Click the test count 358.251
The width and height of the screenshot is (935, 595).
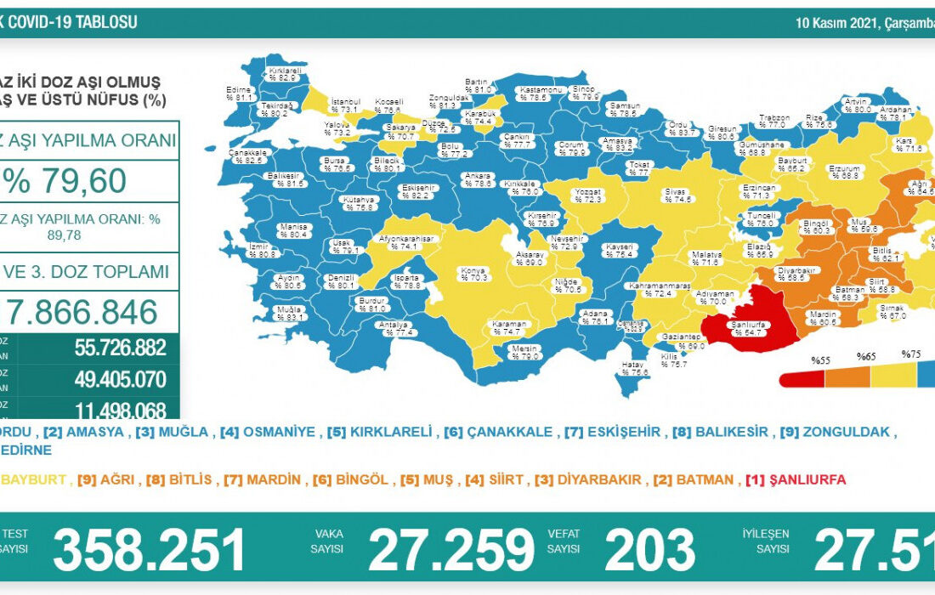(x=149, y=548)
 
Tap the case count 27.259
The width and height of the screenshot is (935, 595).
(x=451, y=548)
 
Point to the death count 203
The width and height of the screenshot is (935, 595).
(x=649, y=548)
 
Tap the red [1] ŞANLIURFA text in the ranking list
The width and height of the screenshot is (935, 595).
(x=796, y=480)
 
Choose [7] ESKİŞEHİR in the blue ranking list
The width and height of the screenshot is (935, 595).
(x=612, y=432)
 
